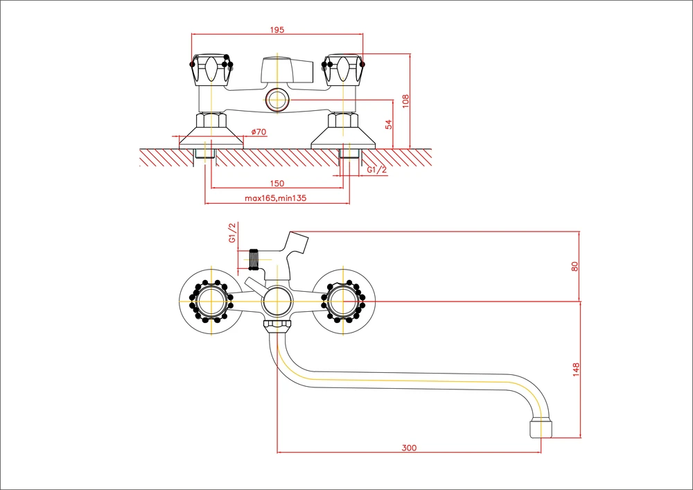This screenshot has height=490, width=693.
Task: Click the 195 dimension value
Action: (x=277, y=30)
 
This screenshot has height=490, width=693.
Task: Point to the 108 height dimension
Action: (x=405, y=100)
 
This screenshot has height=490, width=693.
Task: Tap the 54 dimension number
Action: (x=389, y=125)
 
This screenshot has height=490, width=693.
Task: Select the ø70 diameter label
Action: (x=258, y=132)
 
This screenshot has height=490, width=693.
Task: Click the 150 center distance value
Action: (x=277, y=184)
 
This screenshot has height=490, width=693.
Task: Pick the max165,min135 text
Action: (x=276, y=198)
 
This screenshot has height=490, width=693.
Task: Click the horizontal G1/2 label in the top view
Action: (x=376, y=170)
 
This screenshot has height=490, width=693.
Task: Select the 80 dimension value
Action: (x=574, y=266)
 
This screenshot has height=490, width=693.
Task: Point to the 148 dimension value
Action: (x=576, y=370)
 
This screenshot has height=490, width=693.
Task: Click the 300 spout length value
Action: (x=409, y=448)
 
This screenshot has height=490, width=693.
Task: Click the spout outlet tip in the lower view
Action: (x=541, y=429)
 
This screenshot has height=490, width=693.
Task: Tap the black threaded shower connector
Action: (x=253, y=259)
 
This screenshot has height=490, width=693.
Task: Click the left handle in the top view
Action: (x=211, y=70)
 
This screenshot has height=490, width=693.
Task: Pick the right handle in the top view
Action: (x=344, y=70)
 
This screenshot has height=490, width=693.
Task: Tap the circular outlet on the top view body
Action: (x=277, y=99)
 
